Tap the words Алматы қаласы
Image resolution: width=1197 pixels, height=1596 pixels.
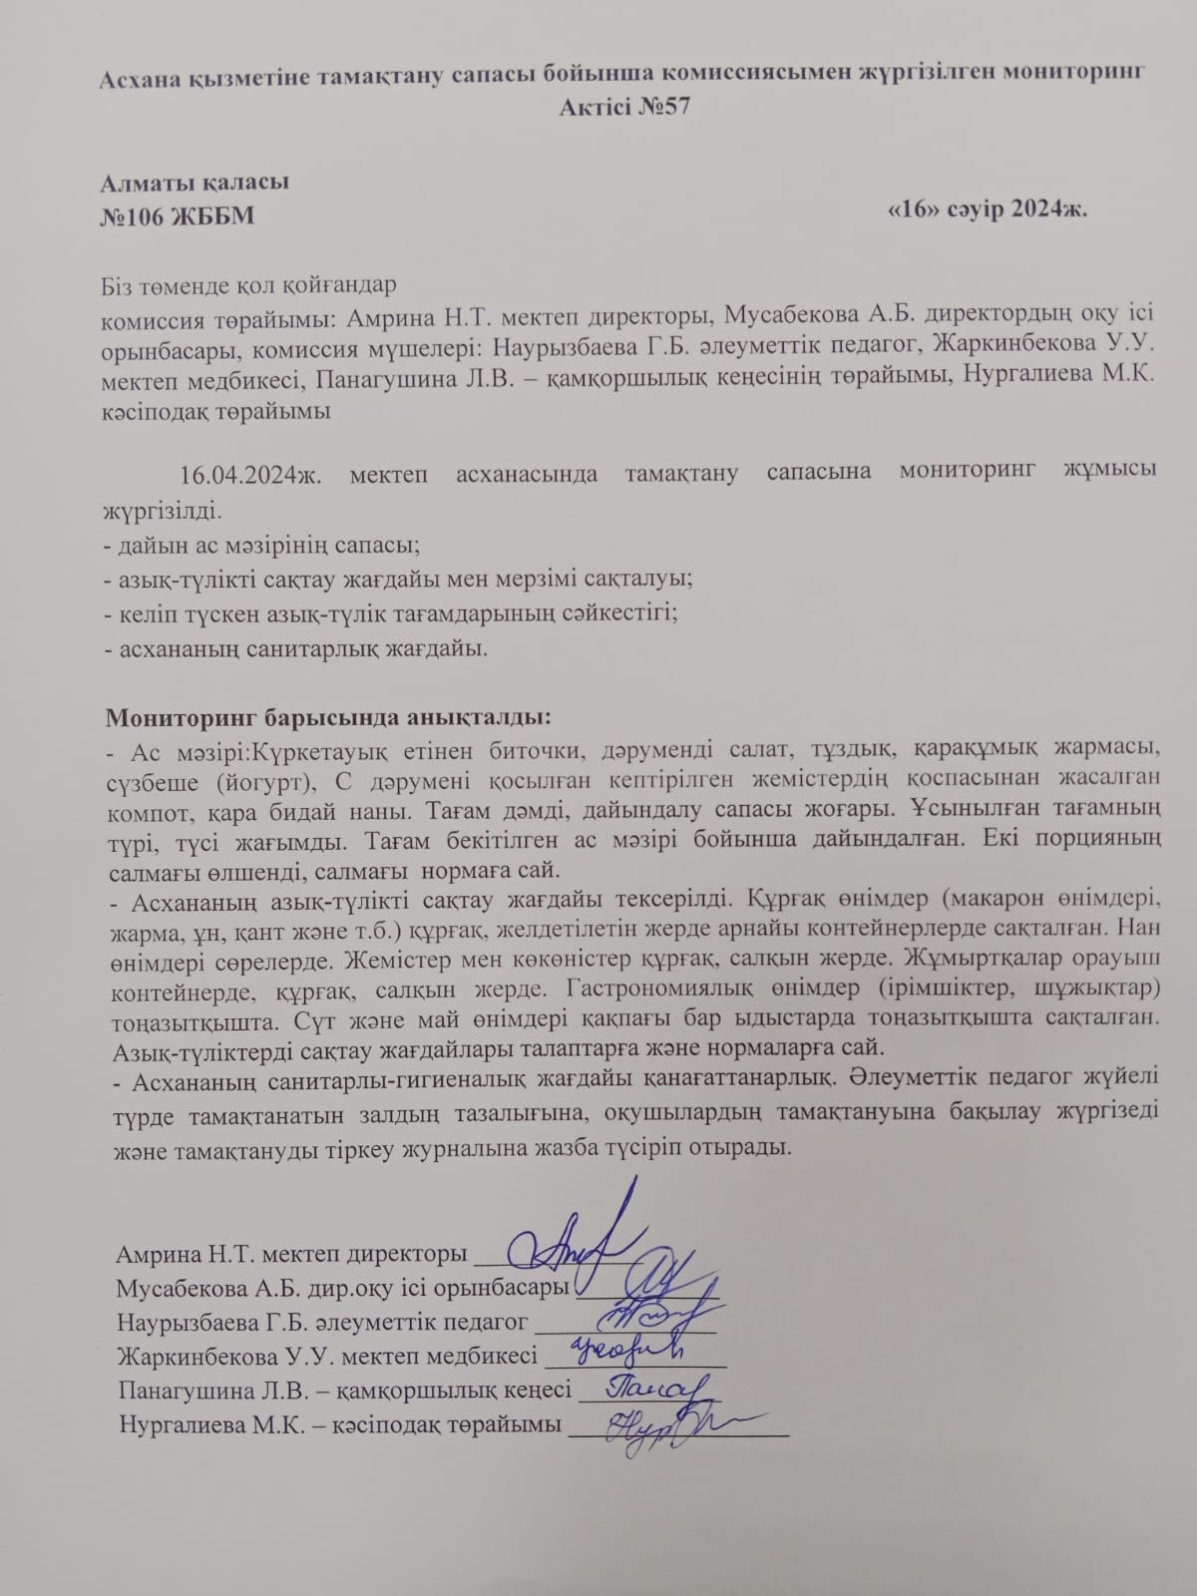point(195,183)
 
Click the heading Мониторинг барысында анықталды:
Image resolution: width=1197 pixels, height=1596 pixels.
point(328,718)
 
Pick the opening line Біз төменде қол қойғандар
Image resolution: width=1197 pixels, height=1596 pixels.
point(249,284)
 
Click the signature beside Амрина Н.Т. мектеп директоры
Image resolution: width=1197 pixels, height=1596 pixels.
point(579,1237)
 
